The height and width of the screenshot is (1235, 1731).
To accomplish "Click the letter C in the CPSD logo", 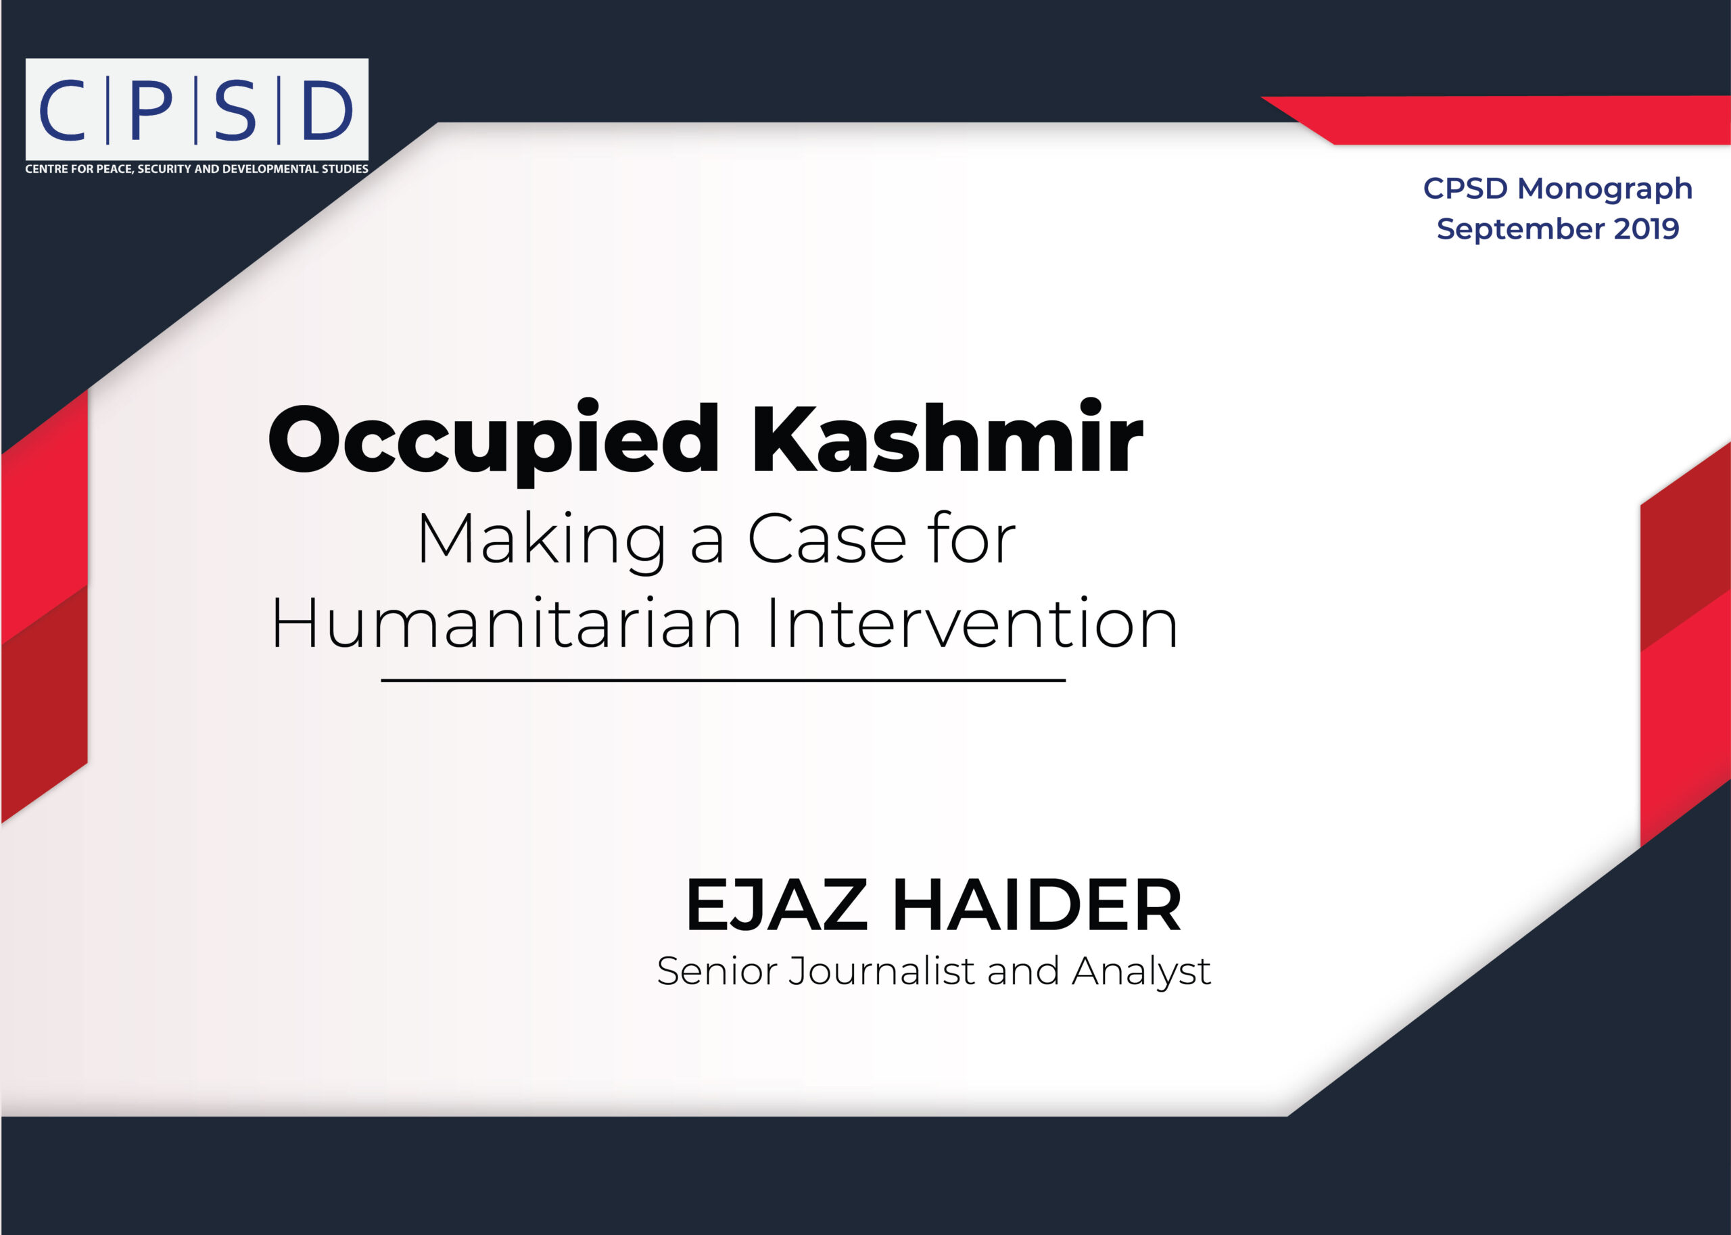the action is [x=62, y=110].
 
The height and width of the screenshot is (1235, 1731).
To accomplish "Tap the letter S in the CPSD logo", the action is [x=235, y=110].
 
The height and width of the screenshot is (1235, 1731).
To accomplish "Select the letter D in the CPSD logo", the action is [x=328, y=110].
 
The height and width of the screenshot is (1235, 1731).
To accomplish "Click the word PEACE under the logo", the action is [x=114, y=169].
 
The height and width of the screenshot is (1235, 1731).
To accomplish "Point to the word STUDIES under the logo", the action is [x=345, y=169].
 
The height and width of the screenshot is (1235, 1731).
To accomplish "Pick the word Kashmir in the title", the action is [x=947, y=438].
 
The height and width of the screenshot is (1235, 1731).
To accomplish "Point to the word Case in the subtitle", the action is [x=828, y=539].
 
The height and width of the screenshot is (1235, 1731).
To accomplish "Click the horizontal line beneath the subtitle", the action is [x=723, y=681].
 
